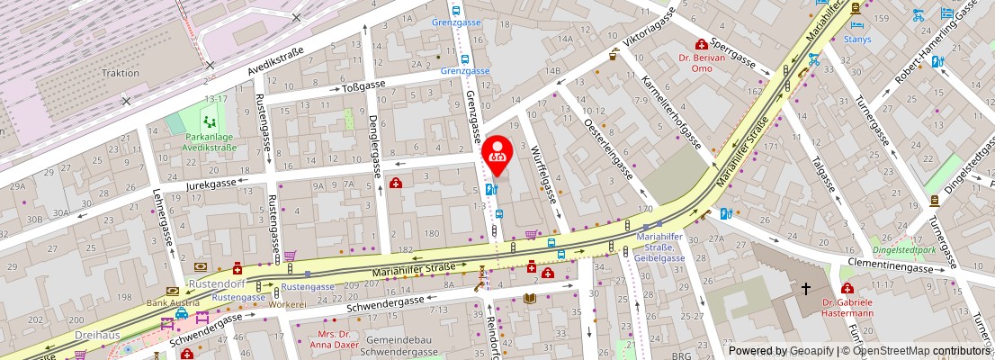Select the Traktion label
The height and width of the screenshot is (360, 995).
coord(120,73)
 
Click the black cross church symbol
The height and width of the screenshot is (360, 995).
coord(806,290)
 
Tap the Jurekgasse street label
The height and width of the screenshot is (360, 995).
coord(211,183)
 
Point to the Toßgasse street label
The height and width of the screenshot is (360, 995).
coord(363,86)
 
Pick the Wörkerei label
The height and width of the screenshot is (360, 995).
coord(288,305)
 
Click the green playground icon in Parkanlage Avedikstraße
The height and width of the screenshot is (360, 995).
coord(210,120)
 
